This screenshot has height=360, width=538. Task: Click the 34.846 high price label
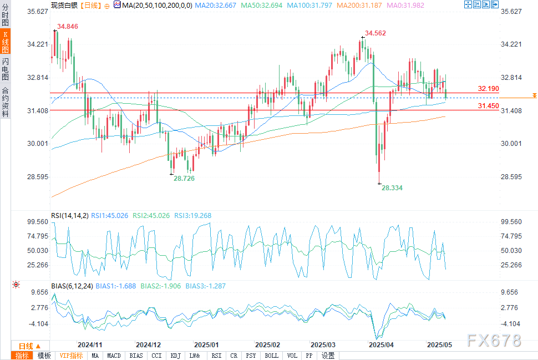pyautogui.click(x=67, y=26)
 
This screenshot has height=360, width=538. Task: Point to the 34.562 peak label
pyautogui.click(x=375, y=33)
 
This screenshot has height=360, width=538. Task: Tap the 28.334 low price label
pyautogui.click(x=392, y=188)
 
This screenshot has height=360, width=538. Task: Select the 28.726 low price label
pyautogui.click(x=184, y=178)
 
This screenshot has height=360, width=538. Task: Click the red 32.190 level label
pyautogui.click(x=489, y=89)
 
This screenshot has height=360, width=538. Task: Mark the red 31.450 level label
pyautogui.click(x=489, y=106)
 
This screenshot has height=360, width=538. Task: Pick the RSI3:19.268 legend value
pyautogui.click(x=192, y=216)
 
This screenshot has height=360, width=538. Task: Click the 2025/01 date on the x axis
pyautogui.click(x=206, y=344)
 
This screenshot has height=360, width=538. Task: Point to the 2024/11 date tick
pyautogui.click(x=89, y=344)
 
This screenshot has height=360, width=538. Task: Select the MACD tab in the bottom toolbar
pyautogui.click(x=114, y=356)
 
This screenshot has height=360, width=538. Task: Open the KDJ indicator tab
pyautogui.click(x=176, y=356)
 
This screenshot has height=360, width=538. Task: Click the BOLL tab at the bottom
pyautogui.click(x=271, y=356)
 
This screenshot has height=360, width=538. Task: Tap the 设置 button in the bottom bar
pyautogui.click(x=328, y=356)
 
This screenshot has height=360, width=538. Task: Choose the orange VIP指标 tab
pyautogui.click(x=71, y=356)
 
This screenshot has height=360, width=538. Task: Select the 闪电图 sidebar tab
pyautogui.click(x=5, y=69)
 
